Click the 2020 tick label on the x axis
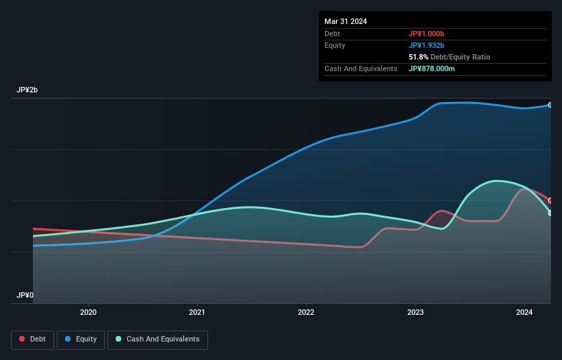point(88,313)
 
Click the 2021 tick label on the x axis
point(197,313)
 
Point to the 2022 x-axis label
point(306,313)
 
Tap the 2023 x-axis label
point(415,313)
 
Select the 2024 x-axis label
point(524,313)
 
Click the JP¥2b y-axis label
point(28,90)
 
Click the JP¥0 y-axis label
point(25,295)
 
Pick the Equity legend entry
point(80,339)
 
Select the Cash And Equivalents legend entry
point(157,339)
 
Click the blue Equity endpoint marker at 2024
point(550,105)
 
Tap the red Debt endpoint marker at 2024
point(550,201)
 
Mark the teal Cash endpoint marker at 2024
point(550,213)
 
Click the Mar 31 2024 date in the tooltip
point(346,21)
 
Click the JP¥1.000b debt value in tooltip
point(426,34)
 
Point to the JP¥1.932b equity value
point(426,45)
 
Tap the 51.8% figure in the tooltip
point(418,57)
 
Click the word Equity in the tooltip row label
point(335,45)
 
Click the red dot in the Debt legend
point(23,339)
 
